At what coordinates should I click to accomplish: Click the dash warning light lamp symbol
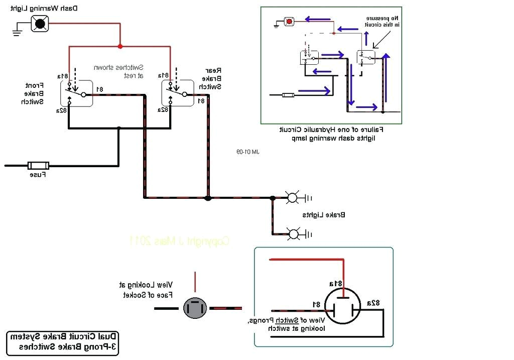[x=40, y=23]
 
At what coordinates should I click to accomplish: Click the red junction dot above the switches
[x=119, y=46]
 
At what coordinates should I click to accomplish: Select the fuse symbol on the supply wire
[x=38, y=165]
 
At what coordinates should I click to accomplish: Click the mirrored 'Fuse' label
[x=38, y=175]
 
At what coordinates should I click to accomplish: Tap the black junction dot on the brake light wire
[x=208, y=198]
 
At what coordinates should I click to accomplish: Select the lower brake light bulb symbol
[x=293, y=233]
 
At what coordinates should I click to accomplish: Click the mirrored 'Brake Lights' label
[x=324, y=215]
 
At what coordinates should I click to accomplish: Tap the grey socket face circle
[x=195, y=308]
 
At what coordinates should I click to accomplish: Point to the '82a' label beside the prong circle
[x=373, y=303]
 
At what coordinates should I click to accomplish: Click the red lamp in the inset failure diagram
[x=289, y=21]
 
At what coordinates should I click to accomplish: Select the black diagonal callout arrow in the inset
[x=381, y=39]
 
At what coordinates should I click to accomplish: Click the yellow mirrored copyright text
[x=179, y=241]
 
